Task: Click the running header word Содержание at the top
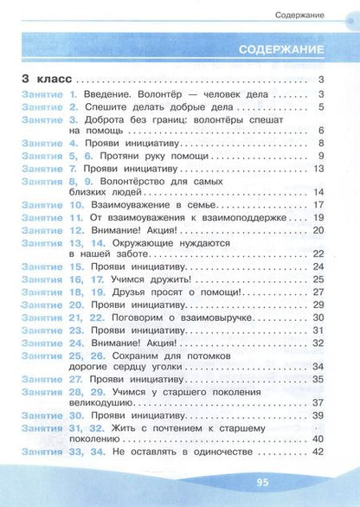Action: pyautogui.click(x=299, y=16)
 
